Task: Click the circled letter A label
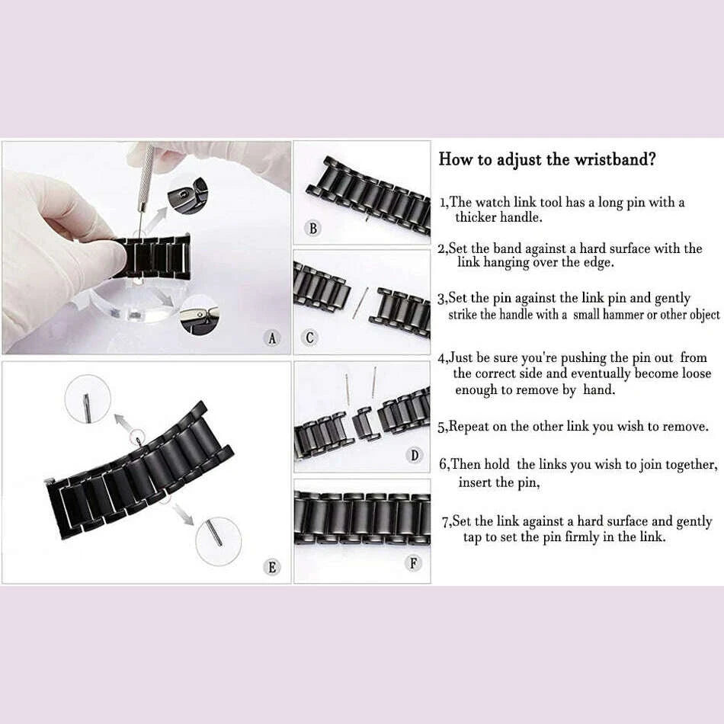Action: click(x=273, y=338)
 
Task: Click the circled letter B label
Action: click(x=314, y=228)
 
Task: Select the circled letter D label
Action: click(x=415, y=456)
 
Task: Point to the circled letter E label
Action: click(x=272, y=567)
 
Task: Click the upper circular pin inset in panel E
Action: click(x=85, y=400)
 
